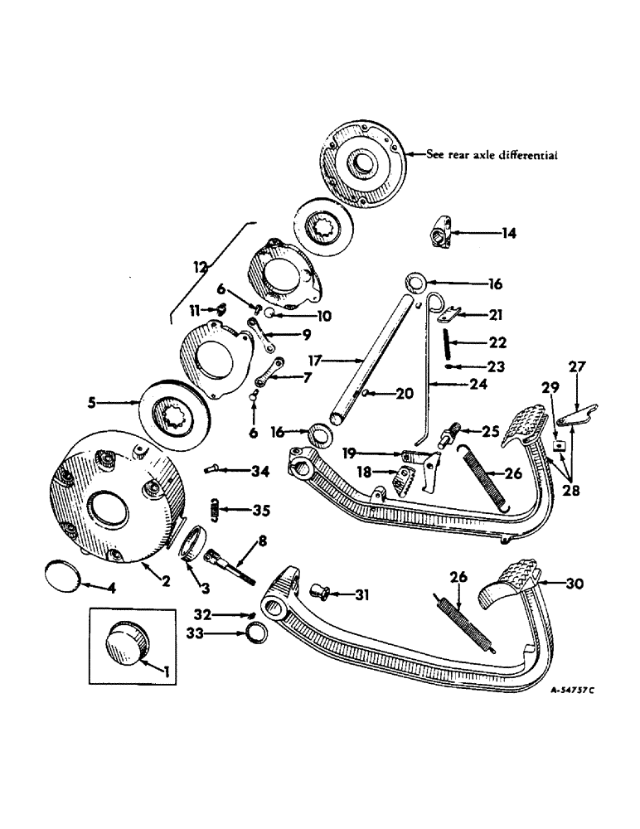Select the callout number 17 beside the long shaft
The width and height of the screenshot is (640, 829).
[314, 361]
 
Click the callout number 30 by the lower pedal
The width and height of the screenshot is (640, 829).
[574, 584]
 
